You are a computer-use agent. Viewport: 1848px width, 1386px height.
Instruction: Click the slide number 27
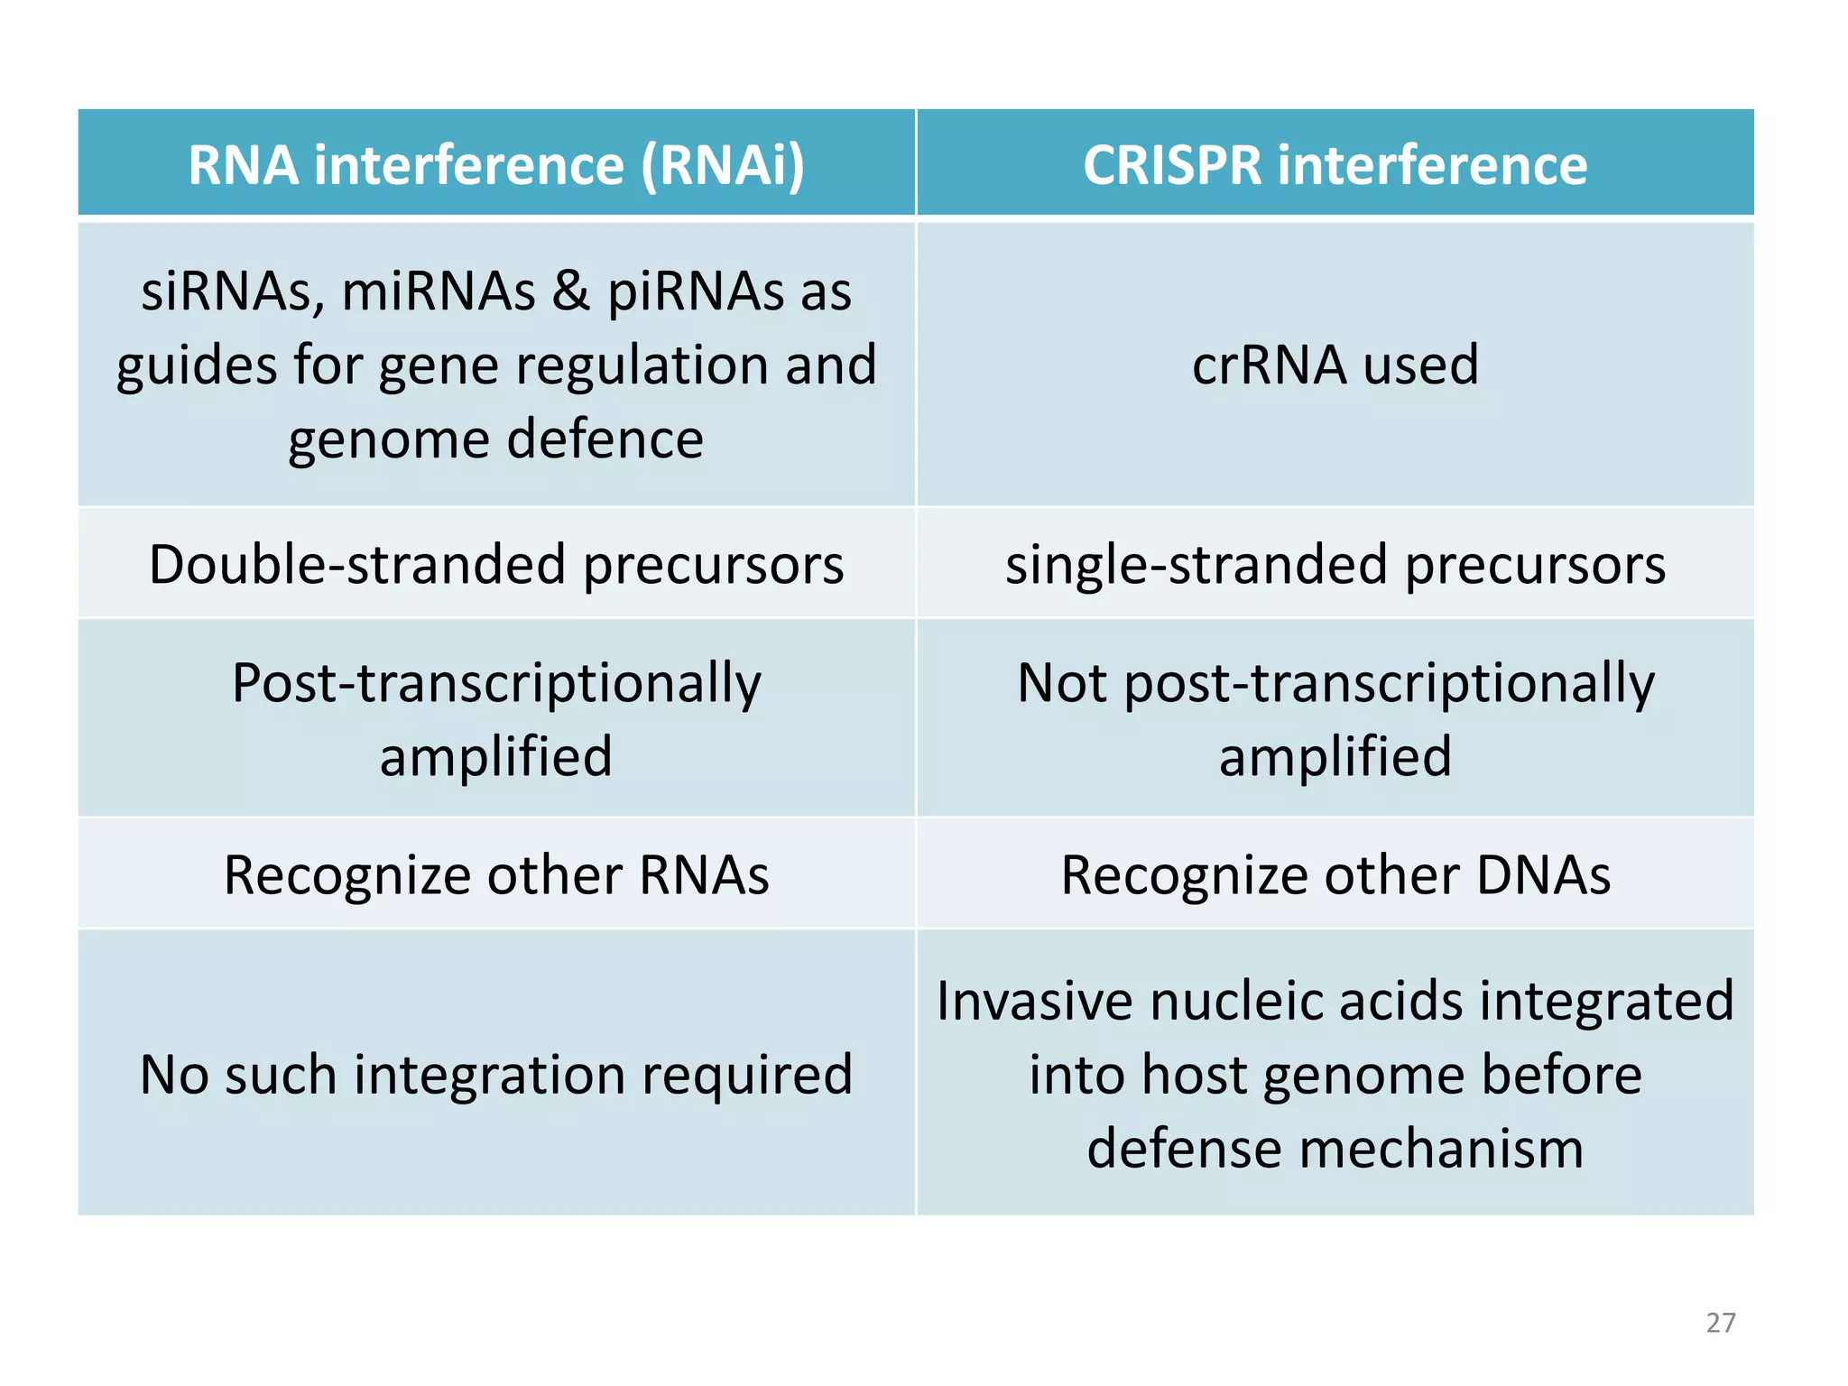(x=1720, y=1323)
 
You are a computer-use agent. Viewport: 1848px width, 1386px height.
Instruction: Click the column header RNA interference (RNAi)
(x=496, y=165)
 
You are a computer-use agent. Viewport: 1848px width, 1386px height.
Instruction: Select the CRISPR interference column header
(x=1335, y=165)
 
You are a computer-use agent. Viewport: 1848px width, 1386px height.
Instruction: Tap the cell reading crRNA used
(x=1335, y=365)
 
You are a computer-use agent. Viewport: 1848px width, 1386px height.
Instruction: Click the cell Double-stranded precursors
(x=496, y=565)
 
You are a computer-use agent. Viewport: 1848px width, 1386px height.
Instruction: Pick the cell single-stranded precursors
(x=1335, y=565)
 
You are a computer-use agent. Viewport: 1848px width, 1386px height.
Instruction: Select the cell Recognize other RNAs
(x=496, y=874)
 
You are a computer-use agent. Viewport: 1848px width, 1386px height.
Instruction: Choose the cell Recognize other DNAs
(x=1335, y=874)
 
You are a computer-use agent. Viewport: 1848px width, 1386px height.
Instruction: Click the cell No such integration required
(x=496, y=1075)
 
